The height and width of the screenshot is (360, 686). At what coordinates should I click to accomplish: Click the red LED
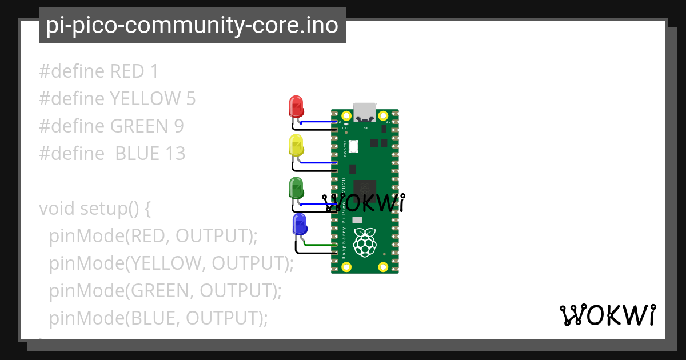click(x=296, y=106)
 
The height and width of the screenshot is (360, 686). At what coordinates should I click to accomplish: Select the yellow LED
click(x=296, y=145)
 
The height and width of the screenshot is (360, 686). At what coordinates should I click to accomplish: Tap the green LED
click(x=296, y=187)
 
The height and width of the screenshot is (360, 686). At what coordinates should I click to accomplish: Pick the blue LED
click(x=299, y=224)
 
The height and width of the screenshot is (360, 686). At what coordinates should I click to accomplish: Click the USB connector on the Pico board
click(x=365, y=111)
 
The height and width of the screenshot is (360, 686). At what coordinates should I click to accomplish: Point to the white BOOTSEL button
click(x=354, y=147)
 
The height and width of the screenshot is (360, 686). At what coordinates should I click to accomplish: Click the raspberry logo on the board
click(x=365, y=242)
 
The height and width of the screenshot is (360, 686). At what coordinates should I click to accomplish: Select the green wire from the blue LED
click(x=319, y=245)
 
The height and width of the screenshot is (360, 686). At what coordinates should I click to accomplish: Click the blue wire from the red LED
click(x=318, y=122)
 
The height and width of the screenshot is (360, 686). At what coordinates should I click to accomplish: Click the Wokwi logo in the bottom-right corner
click(x=607, y=315)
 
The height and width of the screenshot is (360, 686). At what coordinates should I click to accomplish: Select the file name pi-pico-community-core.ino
click(x=192, y=25)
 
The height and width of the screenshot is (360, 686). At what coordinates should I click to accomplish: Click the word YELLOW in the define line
click(x=145, y=99)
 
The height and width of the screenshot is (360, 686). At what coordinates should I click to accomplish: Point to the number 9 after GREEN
click(x=178, y=126)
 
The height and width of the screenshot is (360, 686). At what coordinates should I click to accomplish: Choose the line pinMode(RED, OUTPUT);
click(x=154, y=235)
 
